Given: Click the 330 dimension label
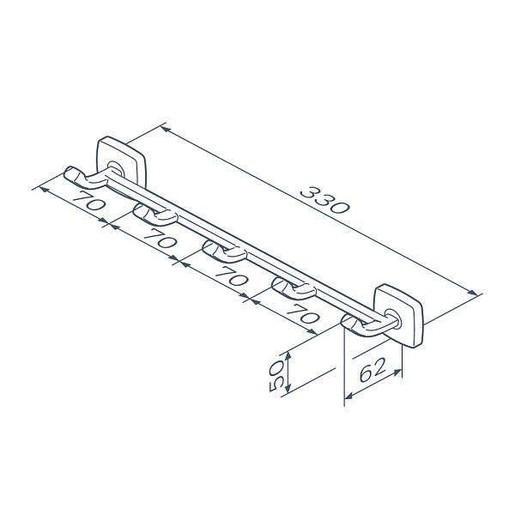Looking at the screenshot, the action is [325, 200].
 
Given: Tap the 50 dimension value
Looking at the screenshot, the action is [276, 375].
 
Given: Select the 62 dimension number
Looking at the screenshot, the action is [372, 370].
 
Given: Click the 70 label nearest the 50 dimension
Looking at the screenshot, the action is [303, 313].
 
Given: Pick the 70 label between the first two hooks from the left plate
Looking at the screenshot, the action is [88, 200].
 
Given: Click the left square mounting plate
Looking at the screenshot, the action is [121, 162].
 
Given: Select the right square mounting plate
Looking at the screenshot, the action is [398, 315].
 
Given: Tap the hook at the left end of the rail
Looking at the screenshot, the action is [86, 178].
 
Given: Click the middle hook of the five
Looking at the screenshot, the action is [224, 251].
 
